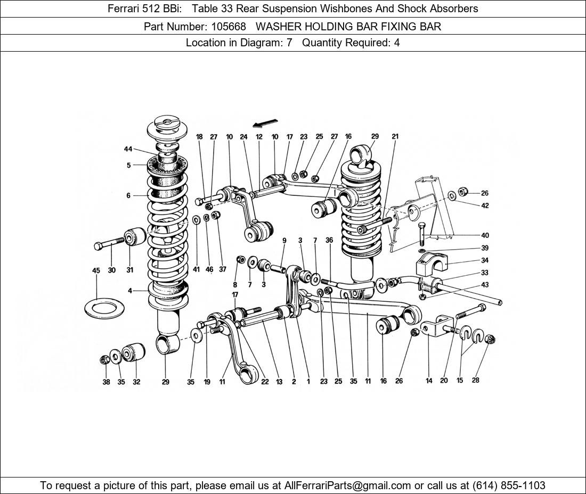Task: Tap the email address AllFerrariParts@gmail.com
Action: point(348,485)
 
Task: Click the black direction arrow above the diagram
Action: point(265,123)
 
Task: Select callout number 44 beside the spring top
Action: point(128,150)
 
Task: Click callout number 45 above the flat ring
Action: point(96,270)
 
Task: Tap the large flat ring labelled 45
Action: point(105,308)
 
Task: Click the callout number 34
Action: point(484,261)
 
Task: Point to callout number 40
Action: point(484,235)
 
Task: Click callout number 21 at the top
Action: point(395,137)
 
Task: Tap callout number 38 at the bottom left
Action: point(106,382)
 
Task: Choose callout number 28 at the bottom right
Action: point(476,380)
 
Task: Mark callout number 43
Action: point(484,285)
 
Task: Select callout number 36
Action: point(329,241)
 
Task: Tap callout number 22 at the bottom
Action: point(265,381)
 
